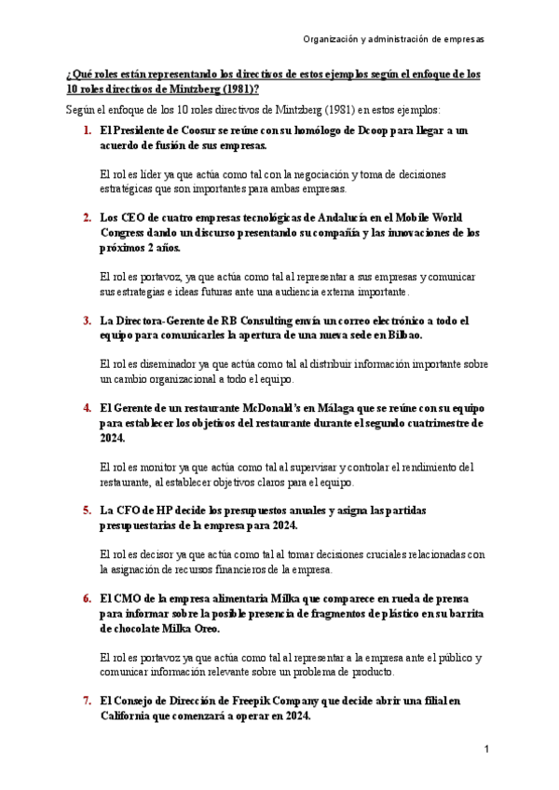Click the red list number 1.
click(87, 131)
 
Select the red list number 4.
click(87, 408)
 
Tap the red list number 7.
click(87, 700)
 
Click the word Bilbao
click(402, 334)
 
